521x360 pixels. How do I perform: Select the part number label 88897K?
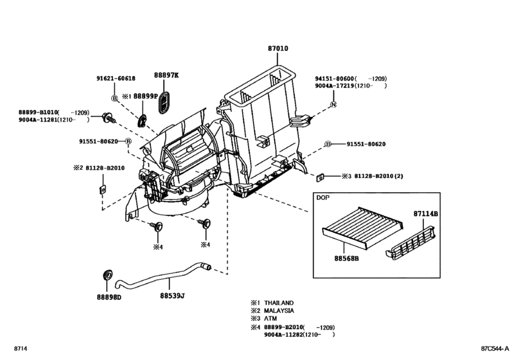point(166,75)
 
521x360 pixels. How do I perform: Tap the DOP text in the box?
point(323,199)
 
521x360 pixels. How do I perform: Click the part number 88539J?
point(172,296)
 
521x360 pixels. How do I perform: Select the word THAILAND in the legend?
point(281,302)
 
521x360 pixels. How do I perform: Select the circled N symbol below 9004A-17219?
point(334,104)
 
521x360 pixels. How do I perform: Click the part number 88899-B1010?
point(39,111)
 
